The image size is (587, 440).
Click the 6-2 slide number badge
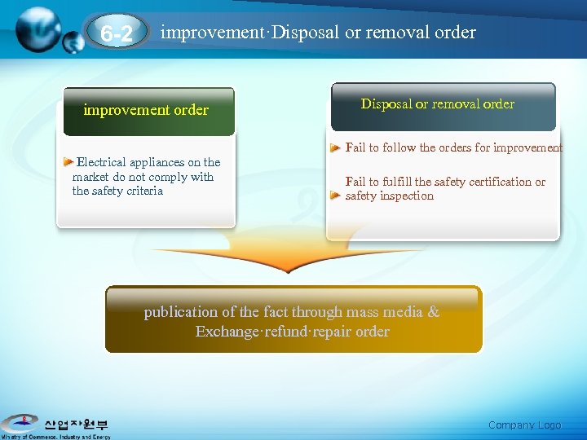117,34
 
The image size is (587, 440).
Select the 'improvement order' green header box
146,111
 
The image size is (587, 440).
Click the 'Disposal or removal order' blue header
438,104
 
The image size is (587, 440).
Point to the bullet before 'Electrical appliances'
69,162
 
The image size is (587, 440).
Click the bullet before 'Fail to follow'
335,148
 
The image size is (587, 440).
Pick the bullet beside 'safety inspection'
334,196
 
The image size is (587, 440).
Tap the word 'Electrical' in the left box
105,162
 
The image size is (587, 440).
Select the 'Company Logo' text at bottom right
524,425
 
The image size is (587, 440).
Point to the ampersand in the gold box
433,312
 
